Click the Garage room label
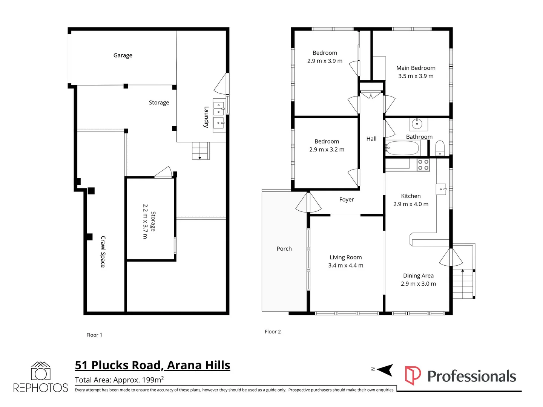point(123,55)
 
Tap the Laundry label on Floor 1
point(206,117)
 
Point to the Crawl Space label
point(103,252)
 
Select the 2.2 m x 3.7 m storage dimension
point(145,221)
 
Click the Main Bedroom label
point(416,68)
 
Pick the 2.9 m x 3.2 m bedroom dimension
point(327,150)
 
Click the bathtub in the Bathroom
point(402,148)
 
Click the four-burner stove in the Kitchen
point(423,165)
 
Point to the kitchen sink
point(441,189)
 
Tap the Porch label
point(284,249)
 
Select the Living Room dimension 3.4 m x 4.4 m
point(345,266)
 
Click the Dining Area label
point(418,276)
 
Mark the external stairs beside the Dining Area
point(463,283)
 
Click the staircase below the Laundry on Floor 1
point(200,150)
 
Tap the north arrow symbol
point(384,370)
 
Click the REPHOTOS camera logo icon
point(40,372)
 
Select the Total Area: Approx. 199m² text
point(119,380)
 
